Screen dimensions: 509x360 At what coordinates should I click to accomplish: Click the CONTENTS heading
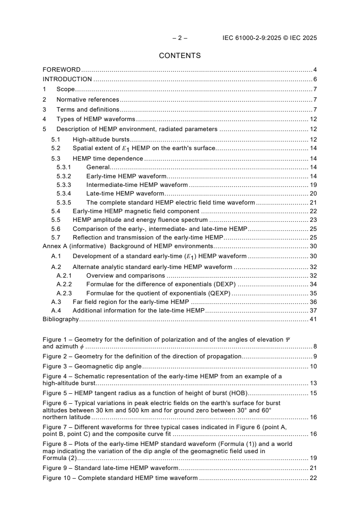(180, 56)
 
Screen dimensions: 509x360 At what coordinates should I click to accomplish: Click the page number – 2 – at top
(180, 38)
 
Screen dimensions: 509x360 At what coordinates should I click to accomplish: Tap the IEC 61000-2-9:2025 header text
(270, 38)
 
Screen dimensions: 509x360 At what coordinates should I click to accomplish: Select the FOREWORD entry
(61, 70)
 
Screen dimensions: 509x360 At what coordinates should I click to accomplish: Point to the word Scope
(65, 89)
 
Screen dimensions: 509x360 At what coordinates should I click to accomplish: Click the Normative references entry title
(88, 99)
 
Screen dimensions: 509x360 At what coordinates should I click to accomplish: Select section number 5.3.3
(64, 185)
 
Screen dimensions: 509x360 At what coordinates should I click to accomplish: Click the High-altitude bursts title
(101, 139)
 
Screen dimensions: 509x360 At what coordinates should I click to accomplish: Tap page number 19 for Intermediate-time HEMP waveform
(313, 185)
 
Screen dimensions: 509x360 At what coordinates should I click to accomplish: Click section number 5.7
(56, 237)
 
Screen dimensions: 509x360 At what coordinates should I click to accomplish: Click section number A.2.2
(64, 284)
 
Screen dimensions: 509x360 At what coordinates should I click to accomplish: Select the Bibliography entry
(60, 319)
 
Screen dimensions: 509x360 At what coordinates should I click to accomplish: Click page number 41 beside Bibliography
(313, 319)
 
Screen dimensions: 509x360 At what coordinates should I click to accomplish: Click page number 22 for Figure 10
(313, 478)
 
